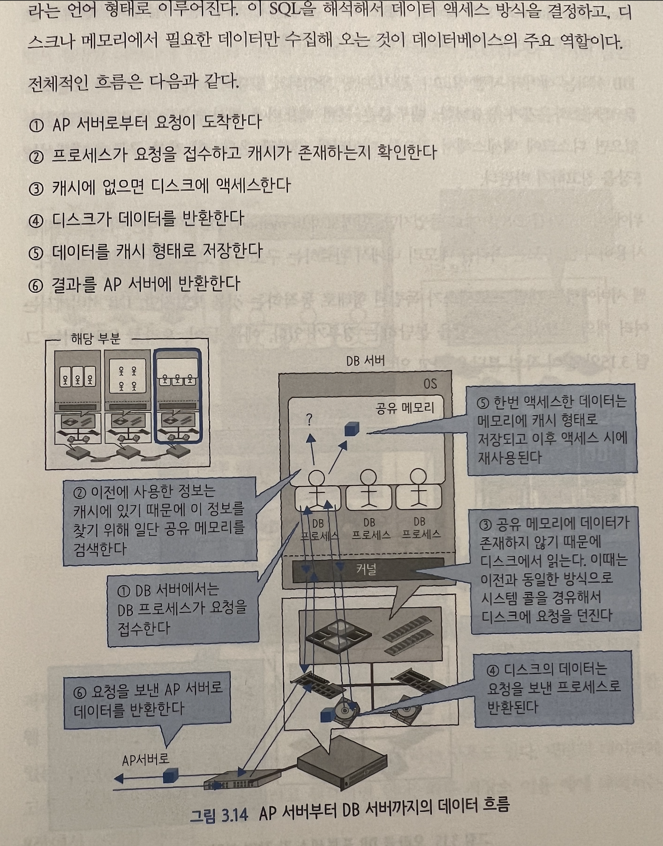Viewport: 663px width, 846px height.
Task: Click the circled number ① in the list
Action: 36,125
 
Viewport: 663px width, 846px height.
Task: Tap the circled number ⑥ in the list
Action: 36,285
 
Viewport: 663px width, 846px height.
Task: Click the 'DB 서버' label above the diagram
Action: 365,361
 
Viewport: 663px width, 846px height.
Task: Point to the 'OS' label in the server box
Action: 430,384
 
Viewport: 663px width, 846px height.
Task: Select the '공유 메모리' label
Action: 405,408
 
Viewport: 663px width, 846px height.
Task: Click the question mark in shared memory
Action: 309,420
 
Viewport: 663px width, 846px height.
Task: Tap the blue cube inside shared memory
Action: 351,429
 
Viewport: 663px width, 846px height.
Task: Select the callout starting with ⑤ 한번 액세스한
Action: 552,429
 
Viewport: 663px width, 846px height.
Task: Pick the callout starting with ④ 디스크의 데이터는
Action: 553,687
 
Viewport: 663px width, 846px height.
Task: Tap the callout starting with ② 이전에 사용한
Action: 159,519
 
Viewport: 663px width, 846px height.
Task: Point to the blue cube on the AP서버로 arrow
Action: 171,775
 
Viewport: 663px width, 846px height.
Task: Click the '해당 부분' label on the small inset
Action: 96,339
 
